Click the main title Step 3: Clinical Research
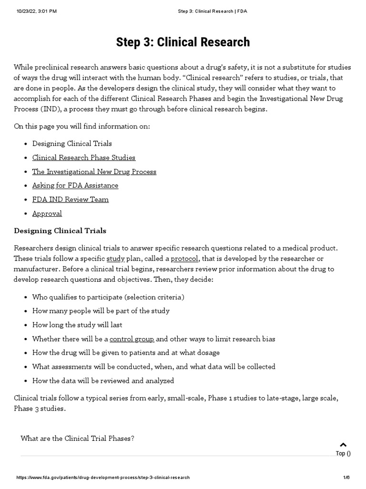[183, 43]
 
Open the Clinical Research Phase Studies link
[84, 158]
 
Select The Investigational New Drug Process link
[94, 171]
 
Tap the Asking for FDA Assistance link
[75, 185]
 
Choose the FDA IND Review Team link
[71, 199]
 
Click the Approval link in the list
[47, 213]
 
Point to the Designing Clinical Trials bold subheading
[60, 231]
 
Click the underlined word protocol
[184, 258]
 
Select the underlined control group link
[132, 339]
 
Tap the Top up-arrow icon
[343, 445]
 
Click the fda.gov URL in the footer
[103, 478]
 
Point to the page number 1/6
[346, 478]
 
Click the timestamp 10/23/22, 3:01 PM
[36, 11]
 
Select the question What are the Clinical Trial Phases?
[78, 438]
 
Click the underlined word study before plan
[115, 258]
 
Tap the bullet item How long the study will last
[77, 325]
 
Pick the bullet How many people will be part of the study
[101, 311]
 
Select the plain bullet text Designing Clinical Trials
[72, 143]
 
